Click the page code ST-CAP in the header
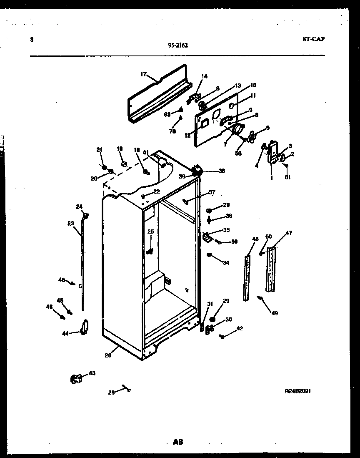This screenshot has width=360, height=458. point(313,39)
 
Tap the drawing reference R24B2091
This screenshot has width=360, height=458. point(298,391)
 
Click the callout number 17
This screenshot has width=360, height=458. point(143,75)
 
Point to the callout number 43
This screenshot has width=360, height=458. point(92,373)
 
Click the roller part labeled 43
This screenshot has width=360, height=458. point(75,379)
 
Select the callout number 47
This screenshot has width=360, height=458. point(288,233)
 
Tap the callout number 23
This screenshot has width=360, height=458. point(70,223)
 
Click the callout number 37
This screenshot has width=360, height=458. point(212,192)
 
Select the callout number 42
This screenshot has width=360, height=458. point(239,328)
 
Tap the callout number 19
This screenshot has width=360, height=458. point(120,149)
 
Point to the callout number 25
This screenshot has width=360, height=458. point(150,232)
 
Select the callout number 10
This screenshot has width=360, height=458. point(253,86)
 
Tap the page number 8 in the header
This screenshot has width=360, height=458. point(32,40)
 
